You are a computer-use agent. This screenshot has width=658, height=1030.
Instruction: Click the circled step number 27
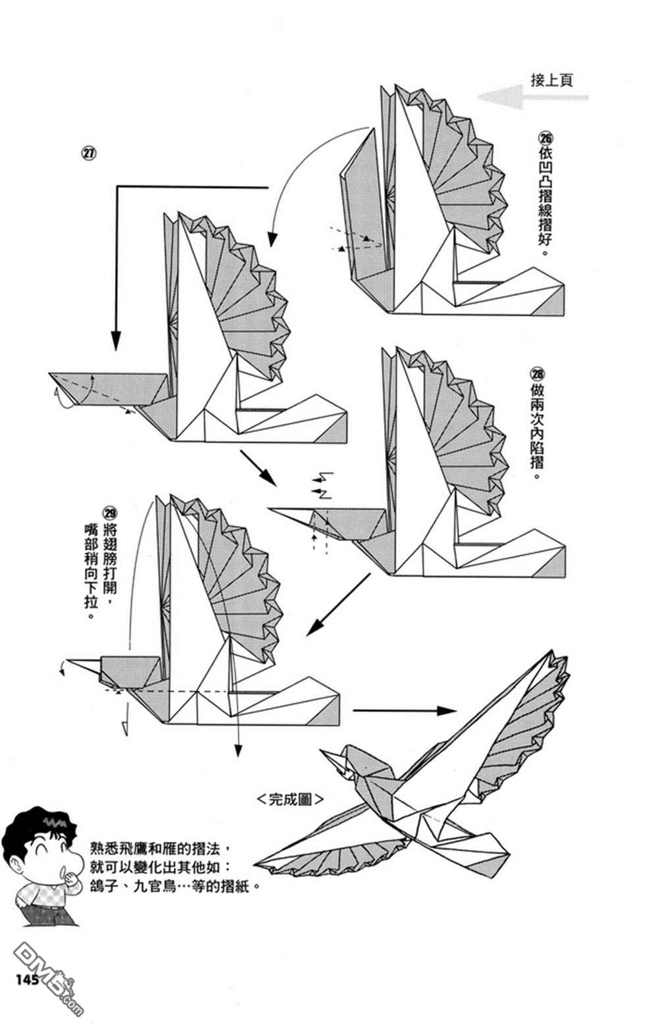pyautogui.click(x=88, y=153)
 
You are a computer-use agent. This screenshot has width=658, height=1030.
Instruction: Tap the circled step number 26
pyautogui.click(x=545, y=139)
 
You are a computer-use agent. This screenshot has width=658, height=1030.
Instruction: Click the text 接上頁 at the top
pyautogui.click(x=551, y=80)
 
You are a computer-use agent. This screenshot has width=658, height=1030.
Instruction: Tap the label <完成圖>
pyautogui.click(x=290, y=799)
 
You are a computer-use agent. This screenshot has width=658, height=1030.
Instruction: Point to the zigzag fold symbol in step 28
pyautogui.click(x=324, y=476)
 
